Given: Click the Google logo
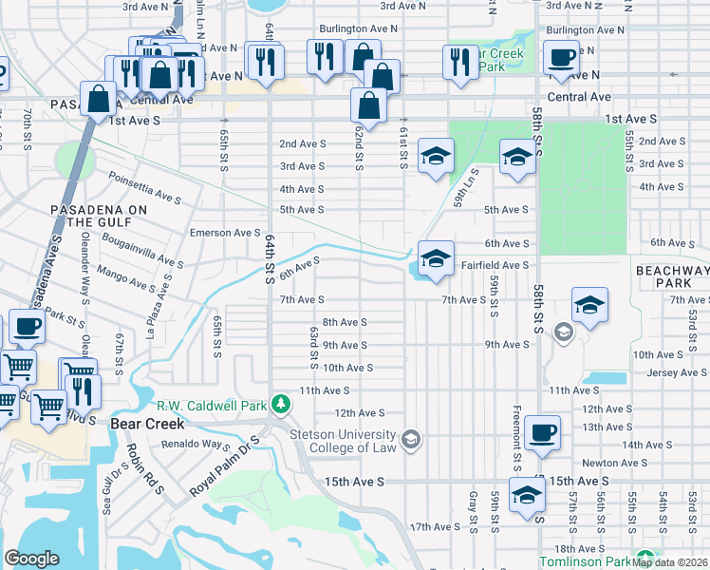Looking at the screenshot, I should point(31,559).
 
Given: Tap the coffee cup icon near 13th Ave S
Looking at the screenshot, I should point(542,432).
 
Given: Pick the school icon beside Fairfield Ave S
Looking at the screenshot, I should point(435,258).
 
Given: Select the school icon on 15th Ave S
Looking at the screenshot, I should point(528,496).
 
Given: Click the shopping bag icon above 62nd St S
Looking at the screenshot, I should point(368,106).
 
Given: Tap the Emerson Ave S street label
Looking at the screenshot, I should point(224,233).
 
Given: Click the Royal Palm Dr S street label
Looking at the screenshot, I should point(224,466).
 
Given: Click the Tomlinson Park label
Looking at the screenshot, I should point(584,561).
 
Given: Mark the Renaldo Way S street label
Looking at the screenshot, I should point(196,444).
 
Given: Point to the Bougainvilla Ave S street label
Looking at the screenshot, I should point(142,249).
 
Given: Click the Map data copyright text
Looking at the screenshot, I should point(670,562).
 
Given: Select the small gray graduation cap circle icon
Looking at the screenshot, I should point(563,332).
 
